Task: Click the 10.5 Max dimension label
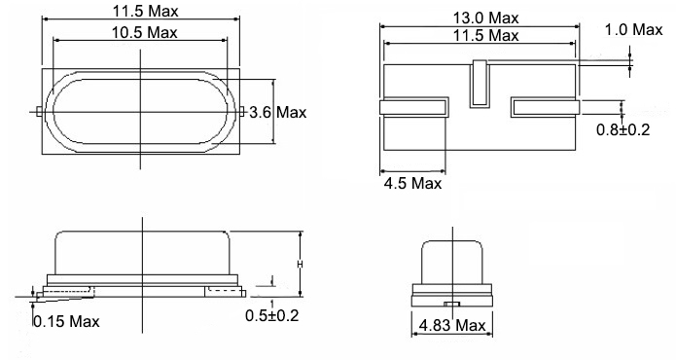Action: tap(144, 33)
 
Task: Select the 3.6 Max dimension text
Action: tap(277, 113)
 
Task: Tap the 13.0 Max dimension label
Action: tap(485, 18)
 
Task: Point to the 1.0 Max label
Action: tap(633, 30)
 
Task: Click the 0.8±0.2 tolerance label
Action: tap(623, 129)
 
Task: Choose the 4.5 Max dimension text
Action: tap(412, 184)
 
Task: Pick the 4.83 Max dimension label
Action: tap(452, 325)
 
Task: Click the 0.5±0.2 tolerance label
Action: tap(271, 315)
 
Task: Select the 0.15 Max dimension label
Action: tap(66, 322)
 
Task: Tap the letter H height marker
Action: tap(300, 264)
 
